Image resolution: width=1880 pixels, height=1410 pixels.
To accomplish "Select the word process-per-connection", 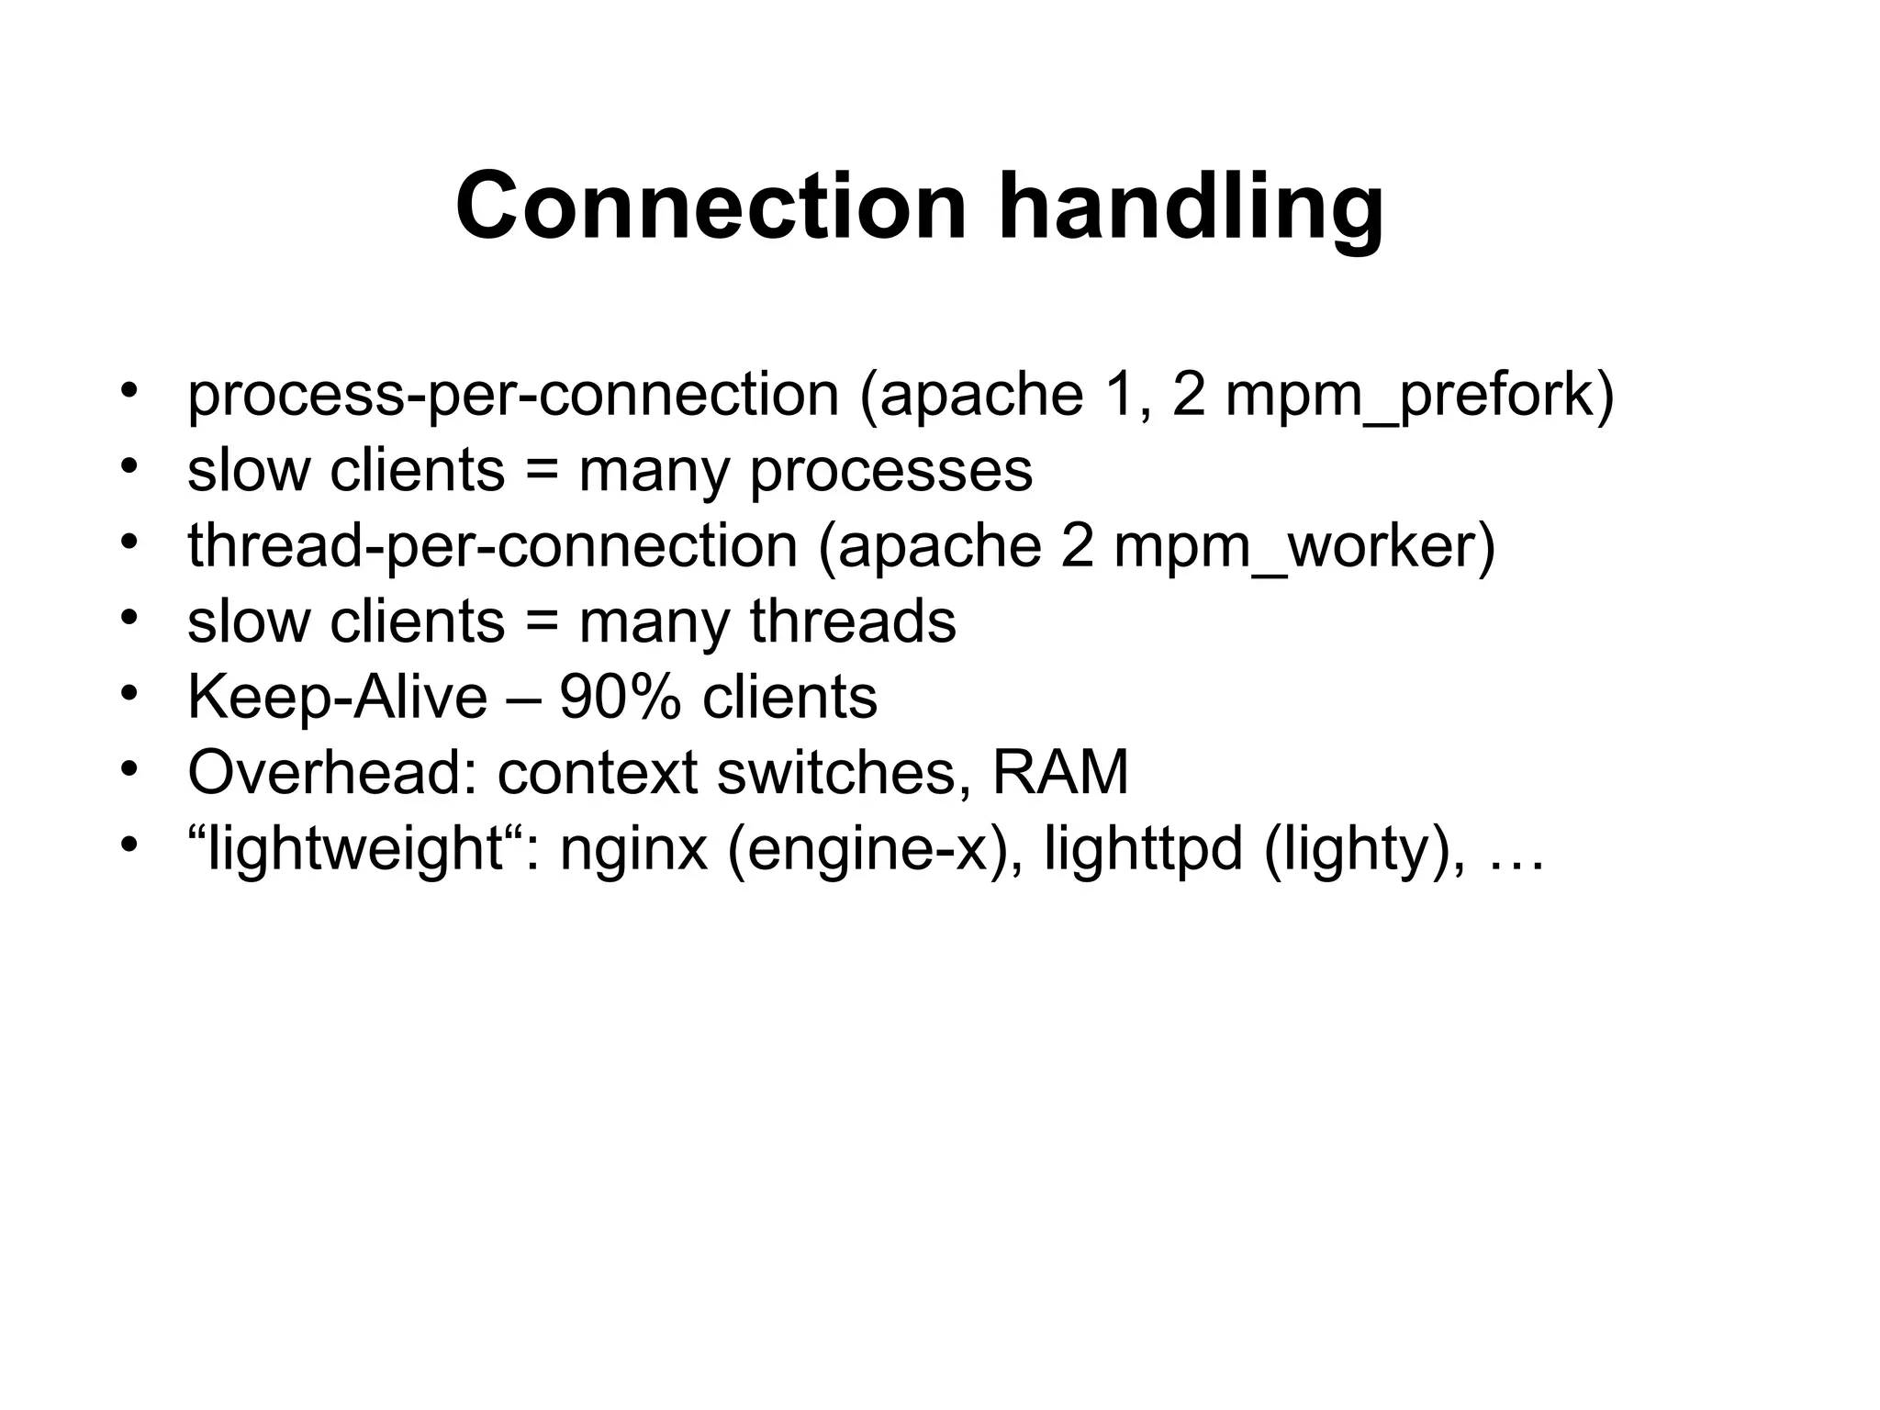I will [x=513, y=395].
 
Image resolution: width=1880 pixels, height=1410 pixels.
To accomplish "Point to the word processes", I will [x=891, y=471].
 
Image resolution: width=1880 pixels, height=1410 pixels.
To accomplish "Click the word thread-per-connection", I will [x=492, y=546].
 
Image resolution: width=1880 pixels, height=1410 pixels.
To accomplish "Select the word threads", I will [x=853, y=621].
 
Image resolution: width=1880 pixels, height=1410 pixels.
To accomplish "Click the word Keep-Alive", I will [x=337, y=698].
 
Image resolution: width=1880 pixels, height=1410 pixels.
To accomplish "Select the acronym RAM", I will [x=1060, y=773].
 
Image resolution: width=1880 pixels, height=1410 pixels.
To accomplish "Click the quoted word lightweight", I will [x=353, y=850].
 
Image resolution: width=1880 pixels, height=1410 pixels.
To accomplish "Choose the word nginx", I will [x=633, y=850].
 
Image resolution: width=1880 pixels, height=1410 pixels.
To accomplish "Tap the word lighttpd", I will [x=1143, y=848].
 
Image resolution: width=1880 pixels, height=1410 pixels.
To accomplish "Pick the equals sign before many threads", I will [x=542, y=622].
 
